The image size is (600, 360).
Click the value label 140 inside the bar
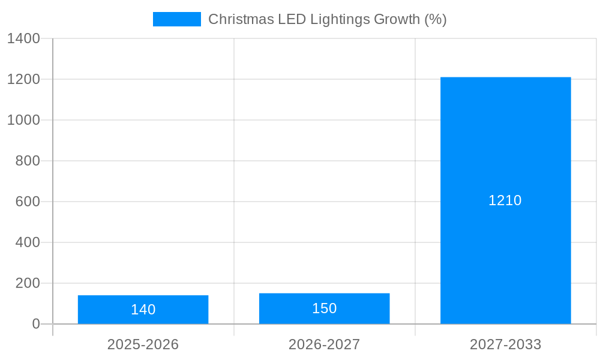(x=143, y=310)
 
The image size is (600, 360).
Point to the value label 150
(x=324, y=308)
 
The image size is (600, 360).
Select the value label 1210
(x=505, y=200)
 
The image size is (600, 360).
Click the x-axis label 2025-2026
(x=143, y=344)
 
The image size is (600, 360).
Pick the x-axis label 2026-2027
(x=324, y=344)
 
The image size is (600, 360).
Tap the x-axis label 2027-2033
(x=505, y=344)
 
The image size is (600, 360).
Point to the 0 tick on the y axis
(x=35, y=324)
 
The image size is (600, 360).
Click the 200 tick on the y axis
(x=28, y=283)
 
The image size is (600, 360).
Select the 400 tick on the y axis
(x=28, y=242)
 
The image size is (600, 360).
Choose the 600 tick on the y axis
(x=28, y=202)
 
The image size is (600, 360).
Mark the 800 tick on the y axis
(x=28, y=161)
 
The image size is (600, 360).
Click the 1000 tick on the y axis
(x=23, y=120)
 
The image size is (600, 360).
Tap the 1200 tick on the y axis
(x=23, y=79)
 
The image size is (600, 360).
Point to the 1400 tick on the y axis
(x=23, y=38)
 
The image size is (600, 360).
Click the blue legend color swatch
(x=176, y=19)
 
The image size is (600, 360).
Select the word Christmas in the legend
(x=239, y=19)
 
